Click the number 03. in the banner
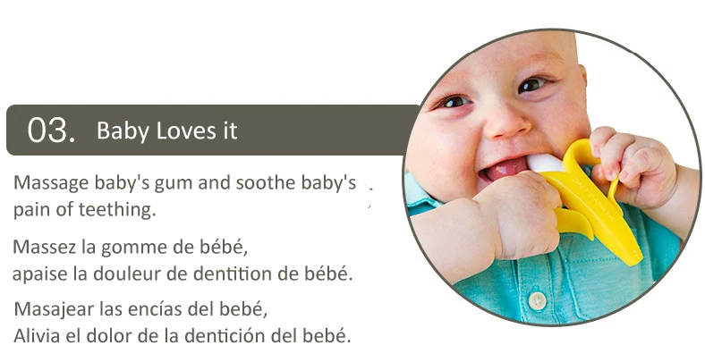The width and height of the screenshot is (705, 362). point(51,130)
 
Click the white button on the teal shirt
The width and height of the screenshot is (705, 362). point(537,300)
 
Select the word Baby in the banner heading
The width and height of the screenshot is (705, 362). point(123,131)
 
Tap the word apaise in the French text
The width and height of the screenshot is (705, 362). point(42,274)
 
